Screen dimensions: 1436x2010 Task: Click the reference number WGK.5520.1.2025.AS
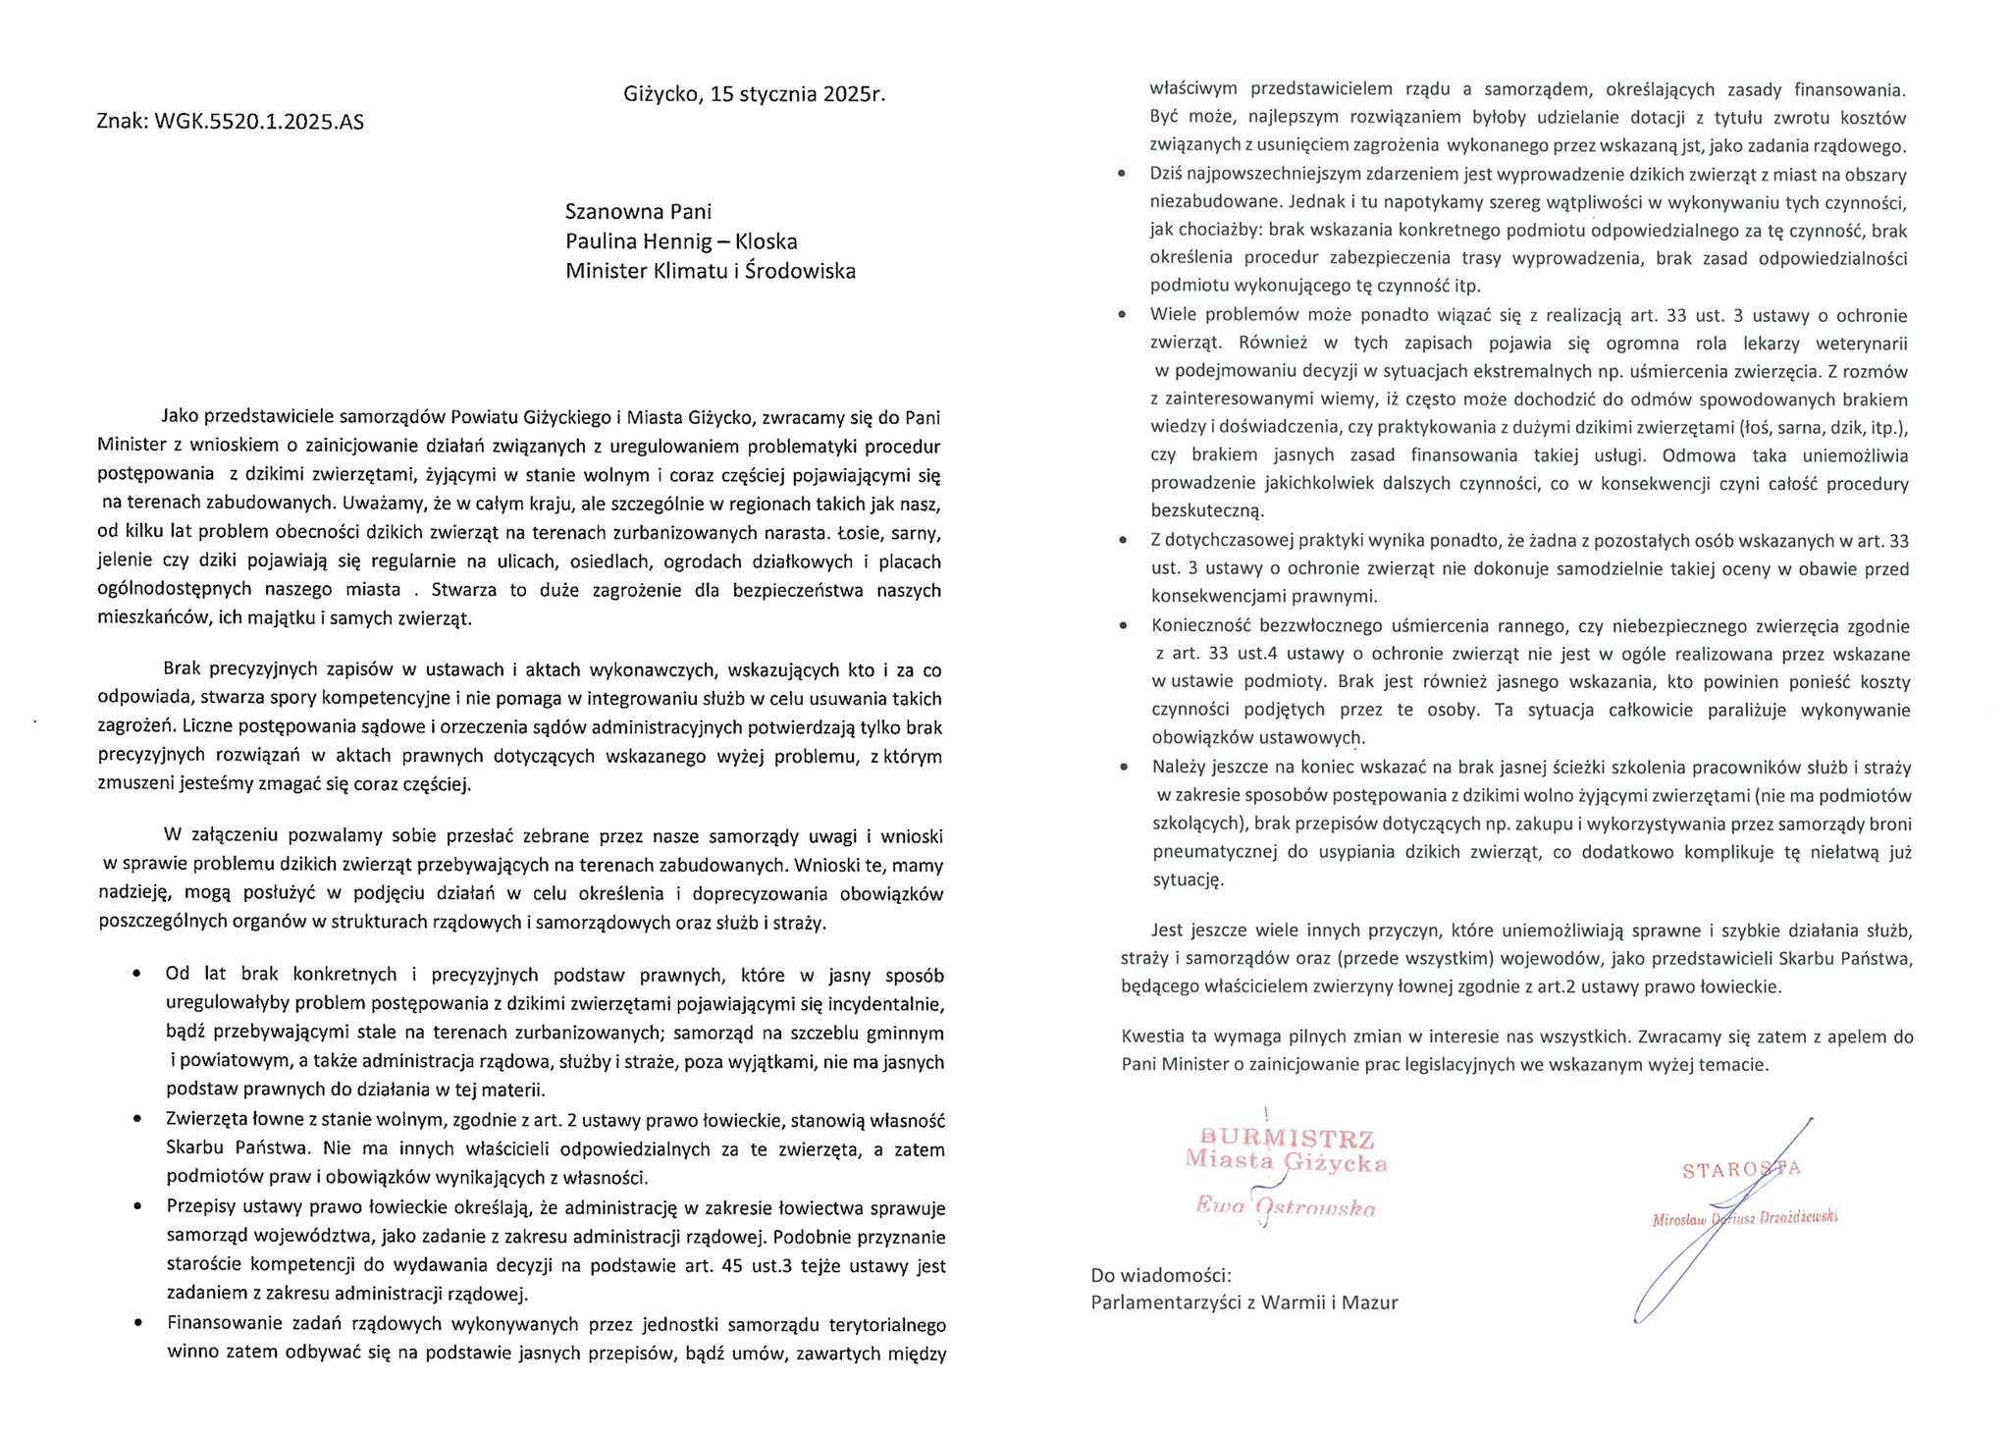(x=259, y=123)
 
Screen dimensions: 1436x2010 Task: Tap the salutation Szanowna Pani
(x=638, y=212)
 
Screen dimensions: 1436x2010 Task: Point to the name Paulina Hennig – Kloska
(x=681, y=241)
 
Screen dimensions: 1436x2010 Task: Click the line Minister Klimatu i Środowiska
(x=710, y=271)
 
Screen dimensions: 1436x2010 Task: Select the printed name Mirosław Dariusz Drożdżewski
(x=1745, y=1218)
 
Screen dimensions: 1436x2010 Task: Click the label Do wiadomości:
(x=1160, y=1275)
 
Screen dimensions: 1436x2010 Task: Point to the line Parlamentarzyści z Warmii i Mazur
(x=1243, y=1303)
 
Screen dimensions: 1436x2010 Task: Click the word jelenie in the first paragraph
(x=127, y=561)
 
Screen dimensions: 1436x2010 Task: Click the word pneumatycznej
(x=1213, y=852)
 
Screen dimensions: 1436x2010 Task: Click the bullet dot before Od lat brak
(x=138, y=975)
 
